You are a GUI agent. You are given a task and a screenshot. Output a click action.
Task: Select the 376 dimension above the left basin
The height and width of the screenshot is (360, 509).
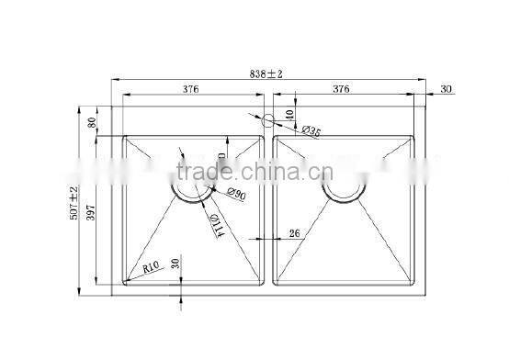pos(190,89)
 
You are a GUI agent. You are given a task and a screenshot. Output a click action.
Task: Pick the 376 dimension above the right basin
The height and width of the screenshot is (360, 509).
pos(341,89)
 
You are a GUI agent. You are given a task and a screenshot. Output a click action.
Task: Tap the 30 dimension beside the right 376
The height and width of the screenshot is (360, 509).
pos(447,89)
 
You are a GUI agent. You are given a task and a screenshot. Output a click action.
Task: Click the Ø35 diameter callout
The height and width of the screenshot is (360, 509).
pos(309,133)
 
